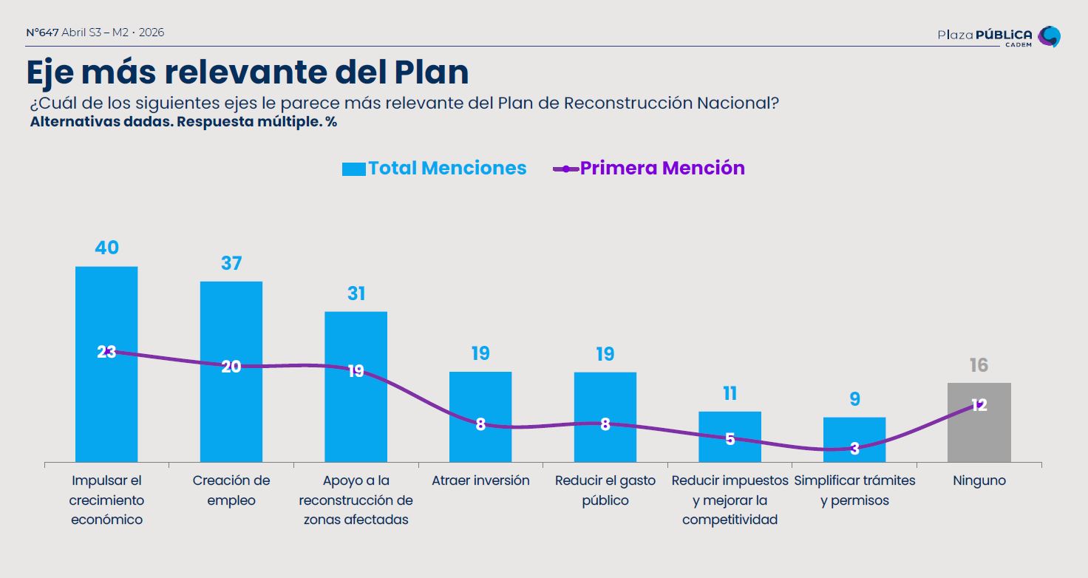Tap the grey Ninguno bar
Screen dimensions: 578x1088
pos(979,436)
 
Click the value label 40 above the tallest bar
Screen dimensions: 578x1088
pos(106,248)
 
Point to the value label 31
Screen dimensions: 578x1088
pos(356,293)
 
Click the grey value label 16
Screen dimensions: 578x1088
pos(979,365)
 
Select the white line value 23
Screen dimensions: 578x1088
pos(106,352)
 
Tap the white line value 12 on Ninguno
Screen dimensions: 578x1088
pos(979,405)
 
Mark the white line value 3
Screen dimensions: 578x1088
pos(854,448)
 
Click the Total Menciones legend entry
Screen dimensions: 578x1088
pos(435,169)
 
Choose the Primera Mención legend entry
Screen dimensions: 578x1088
pos(649,169)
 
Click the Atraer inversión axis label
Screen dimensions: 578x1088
pos(480,480)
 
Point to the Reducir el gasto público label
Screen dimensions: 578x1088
pos(605,490)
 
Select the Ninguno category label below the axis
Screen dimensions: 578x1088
pos(979,480)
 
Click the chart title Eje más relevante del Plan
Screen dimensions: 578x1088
pos(248,72)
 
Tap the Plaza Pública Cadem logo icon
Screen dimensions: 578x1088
pos(1050,36)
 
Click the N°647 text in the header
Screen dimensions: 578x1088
pos(42,33)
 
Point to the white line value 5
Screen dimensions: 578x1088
pos(730,439)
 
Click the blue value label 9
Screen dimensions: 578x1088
pos(854,399)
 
